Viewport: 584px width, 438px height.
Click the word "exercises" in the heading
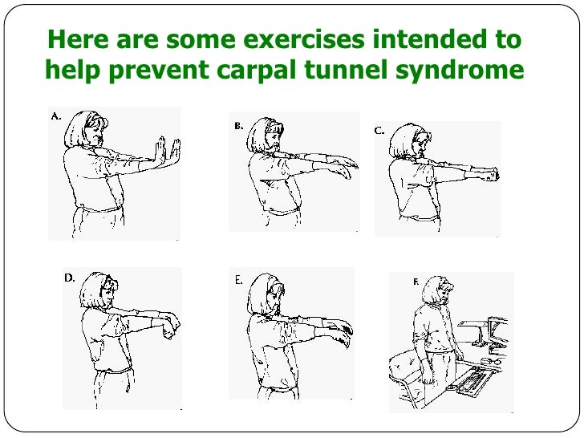click(x=303, y=39)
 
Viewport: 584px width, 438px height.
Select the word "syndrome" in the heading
click(x=460, y=70)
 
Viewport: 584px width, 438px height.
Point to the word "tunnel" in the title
click(x=347, y=69)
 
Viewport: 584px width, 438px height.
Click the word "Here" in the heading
click(x=79, y=39)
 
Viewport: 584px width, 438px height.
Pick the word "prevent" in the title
click(x=159, y=70)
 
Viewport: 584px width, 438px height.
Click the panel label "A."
click(x=56, y=116)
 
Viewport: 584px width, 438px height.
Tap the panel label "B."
click(x=239, y=126)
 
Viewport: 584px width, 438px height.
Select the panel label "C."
click(x=379, y=131)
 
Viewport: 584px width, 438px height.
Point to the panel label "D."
click(x=70, y=278)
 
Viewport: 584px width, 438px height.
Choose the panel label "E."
click(x=239, y=281)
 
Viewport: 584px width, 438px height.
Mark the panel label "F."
click(x=416, y=282)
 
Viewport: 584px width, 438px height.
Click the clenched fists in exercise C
click(x=491, y=174)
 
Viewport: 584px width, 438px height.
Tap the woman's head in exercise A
click(x=86, y=129)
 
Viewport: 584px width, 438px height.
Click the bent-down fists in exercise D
click(x=172, y=327)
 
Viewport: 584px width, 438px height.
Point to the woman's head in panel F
click(x=438, y=290)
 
